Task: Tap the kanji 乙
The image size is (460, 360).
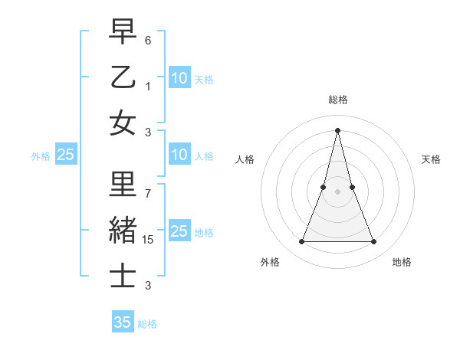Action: [123, 78]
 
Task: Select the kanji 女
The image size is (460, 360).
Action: [123, 123]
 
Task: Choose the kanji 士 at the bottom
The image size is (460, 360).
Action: [123, 275]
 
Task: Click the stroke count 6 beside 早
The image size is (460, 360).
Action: [148, 39]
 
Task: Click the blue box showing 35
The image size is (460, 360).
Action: [123, 322]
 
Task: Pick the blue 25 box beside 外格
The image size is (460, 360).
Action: [66, 155]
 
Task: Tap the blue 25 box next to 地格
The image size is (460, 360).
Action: [179, 231]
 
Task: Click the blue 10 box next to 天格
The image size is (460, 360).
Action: [179, 77]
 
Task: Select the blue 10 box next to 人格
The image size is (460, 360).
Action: [179, 155]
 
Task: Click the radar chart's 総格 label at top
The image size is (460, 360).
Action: [338, 100]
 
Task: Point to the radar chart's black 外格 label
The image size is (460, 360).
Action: [270, 262]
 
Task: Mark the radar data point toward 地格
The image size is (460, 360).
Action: [374, 242]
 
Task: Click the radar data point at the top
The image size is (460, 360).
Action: [338, 129]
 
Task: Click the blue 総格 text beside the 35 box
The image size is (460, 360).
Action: [147, 324]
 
